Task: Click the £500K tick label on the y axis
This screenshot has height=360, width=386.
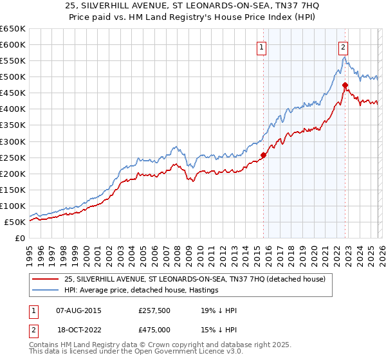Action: click(x=12, y=77)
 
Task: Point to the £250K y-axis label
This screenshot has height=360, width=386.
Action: click(x=12, y=157)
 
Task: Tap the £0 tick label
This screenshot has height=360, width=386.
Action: click(x=19, y=239)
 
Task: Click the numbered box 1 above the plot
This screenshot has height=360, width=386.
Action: click(x=262, y=46)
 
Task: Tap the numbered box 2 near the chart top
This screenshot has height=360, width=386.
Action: click(x=344, y=46)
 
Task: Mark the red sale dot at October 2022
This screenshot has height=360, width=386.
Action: click(x=345, y=85)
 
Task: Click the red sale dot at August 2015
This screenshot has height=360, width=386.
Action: click(x=263, y=155)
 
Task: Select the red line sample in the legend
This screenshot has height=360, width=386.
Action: click(x=46, y=279)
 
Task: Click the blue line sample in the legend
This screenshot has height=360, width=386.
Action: click(x=46, y=290)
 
